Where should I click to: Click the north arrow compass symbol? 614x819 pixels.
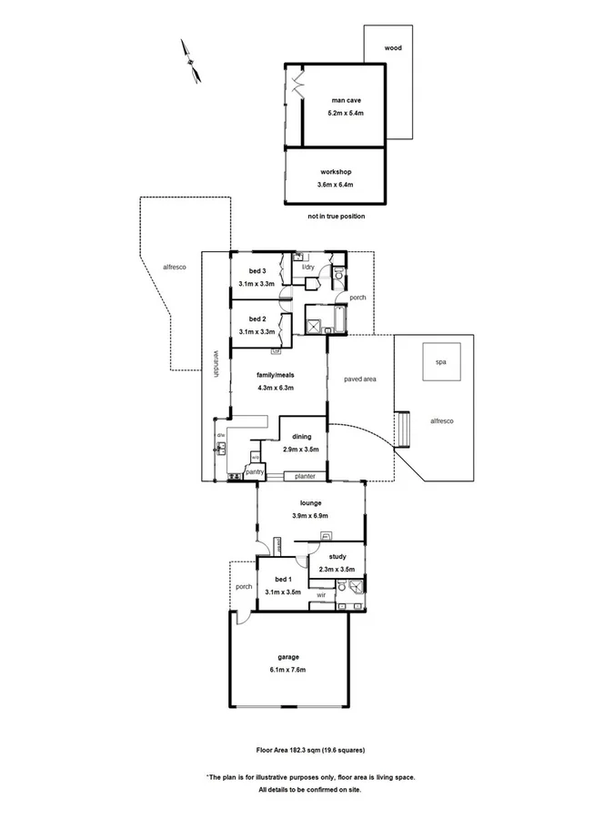click(x=191, y=62)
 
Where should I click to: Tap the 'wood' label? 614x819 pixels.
click(x=393, y=48)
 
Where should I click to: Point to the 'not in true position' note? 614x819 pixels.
click(x=336, y=217)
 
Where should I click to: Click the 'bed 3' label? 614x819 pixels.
click(x=257, y=270)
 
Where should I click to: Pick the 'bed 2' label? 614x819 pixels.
click(x=257, y=319)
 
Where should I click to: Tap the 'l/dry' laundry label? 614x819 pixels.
click(x=308, y=267)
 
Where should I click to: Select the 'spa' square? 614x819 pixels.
click(x=441, y=362)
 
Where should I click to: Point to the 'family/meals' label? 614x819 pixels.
click(x=275, y=375)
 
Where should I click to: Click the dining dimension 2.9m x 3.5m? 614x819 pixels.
click(x=301, y=450)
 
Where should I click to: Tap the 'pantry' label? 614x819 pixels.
click(x=254, y=471)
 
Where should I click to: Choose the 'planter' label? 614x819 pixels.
click(x=304, y=476)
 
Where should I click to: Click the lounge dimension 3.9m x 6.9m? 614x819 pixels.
click(x=311, y=516)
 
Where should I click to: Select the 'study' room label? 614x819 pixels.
click(x=337, y=556)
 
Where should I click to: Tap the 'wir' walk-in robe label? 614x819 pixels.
click(x=321, y=596)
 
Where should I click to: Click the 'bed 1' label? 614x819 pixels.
click(x=283, y=579)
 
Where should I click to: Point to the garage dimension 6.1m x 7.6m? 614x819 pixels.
click(x=288, y=670)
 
